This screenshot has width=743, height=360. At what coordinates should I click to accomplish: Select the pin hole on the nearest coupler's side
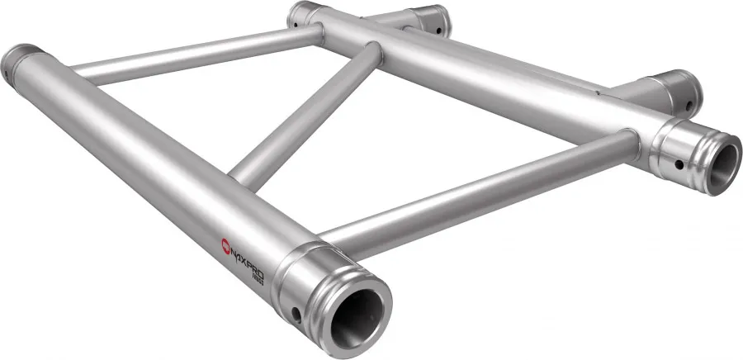click(295, 313)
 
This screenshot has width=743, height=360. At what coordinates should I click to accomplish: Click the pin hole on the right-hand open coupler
click(679, 163)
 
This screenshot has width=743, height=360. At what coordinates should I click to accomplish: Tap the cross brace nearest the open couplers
click(479, 187)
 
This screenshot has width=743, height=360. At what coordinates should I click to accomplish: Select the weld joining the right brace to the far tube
click(636, 144)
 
